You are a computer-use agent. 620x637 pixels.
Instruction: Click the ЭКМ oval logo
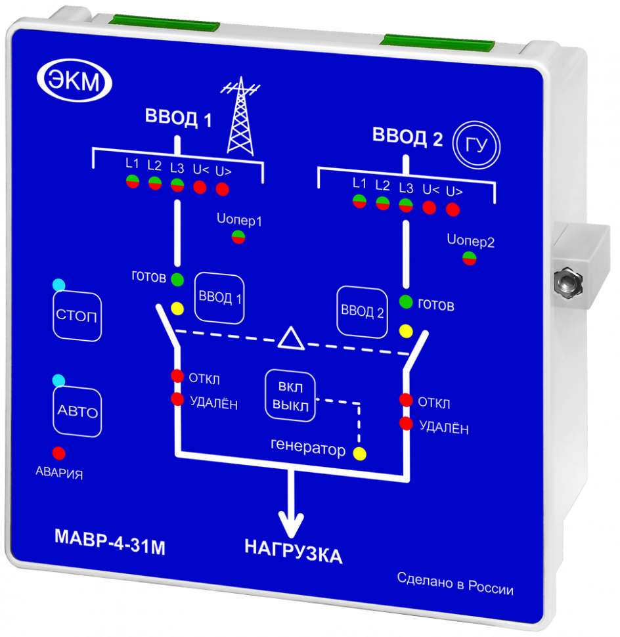tap(73, 81)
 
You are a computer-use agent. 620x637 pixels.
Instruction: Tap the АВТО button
tap(77, 412)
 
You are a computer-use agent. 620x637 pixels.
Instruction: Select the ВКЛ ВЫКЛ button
tap(290, 395)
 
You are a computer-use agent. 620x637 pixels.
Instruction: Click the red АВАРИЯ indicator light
tap(58, 452)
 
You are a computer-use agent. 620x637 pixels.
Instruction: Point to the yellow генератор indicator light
tap(359, 452)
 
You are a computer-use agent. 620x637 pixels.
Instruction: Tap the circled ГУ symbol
tap(477, 144)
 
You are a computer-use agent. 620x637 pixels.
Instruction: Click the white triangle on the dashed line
tap(290, 338)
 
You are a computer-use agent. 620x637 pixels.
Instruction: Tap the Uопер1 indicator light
tap(238, 237)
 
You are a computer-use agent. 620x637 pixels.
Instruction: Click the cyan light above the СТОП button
tap(58, 284)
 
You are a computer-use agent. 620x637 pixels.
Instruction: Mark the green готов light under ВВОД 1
tap(177, 279)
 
